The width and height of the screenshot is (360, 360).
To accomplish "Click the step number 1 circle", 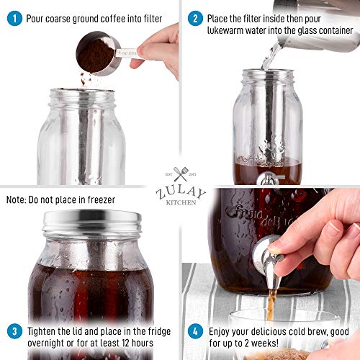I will coord(13,18).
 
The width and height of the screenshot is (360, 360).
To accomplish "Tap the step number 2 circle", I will coord(194,18).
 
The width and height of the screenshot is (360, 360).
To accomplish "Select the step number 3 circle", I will coord(13,331).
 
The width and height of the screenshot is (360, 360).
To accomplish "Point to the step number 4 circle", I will coord(194,331).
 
